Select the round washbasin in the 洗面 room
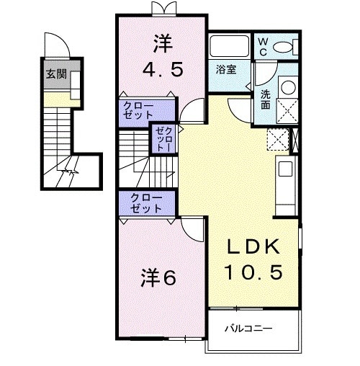[x=287, y=88]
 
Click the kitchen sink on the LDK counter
[x=284, y=171]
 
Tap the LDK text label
[x=252, y=247]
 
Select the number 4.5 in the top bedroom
[x=163, y=71]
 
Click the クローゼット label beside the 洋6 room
[x=146, y=203]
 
